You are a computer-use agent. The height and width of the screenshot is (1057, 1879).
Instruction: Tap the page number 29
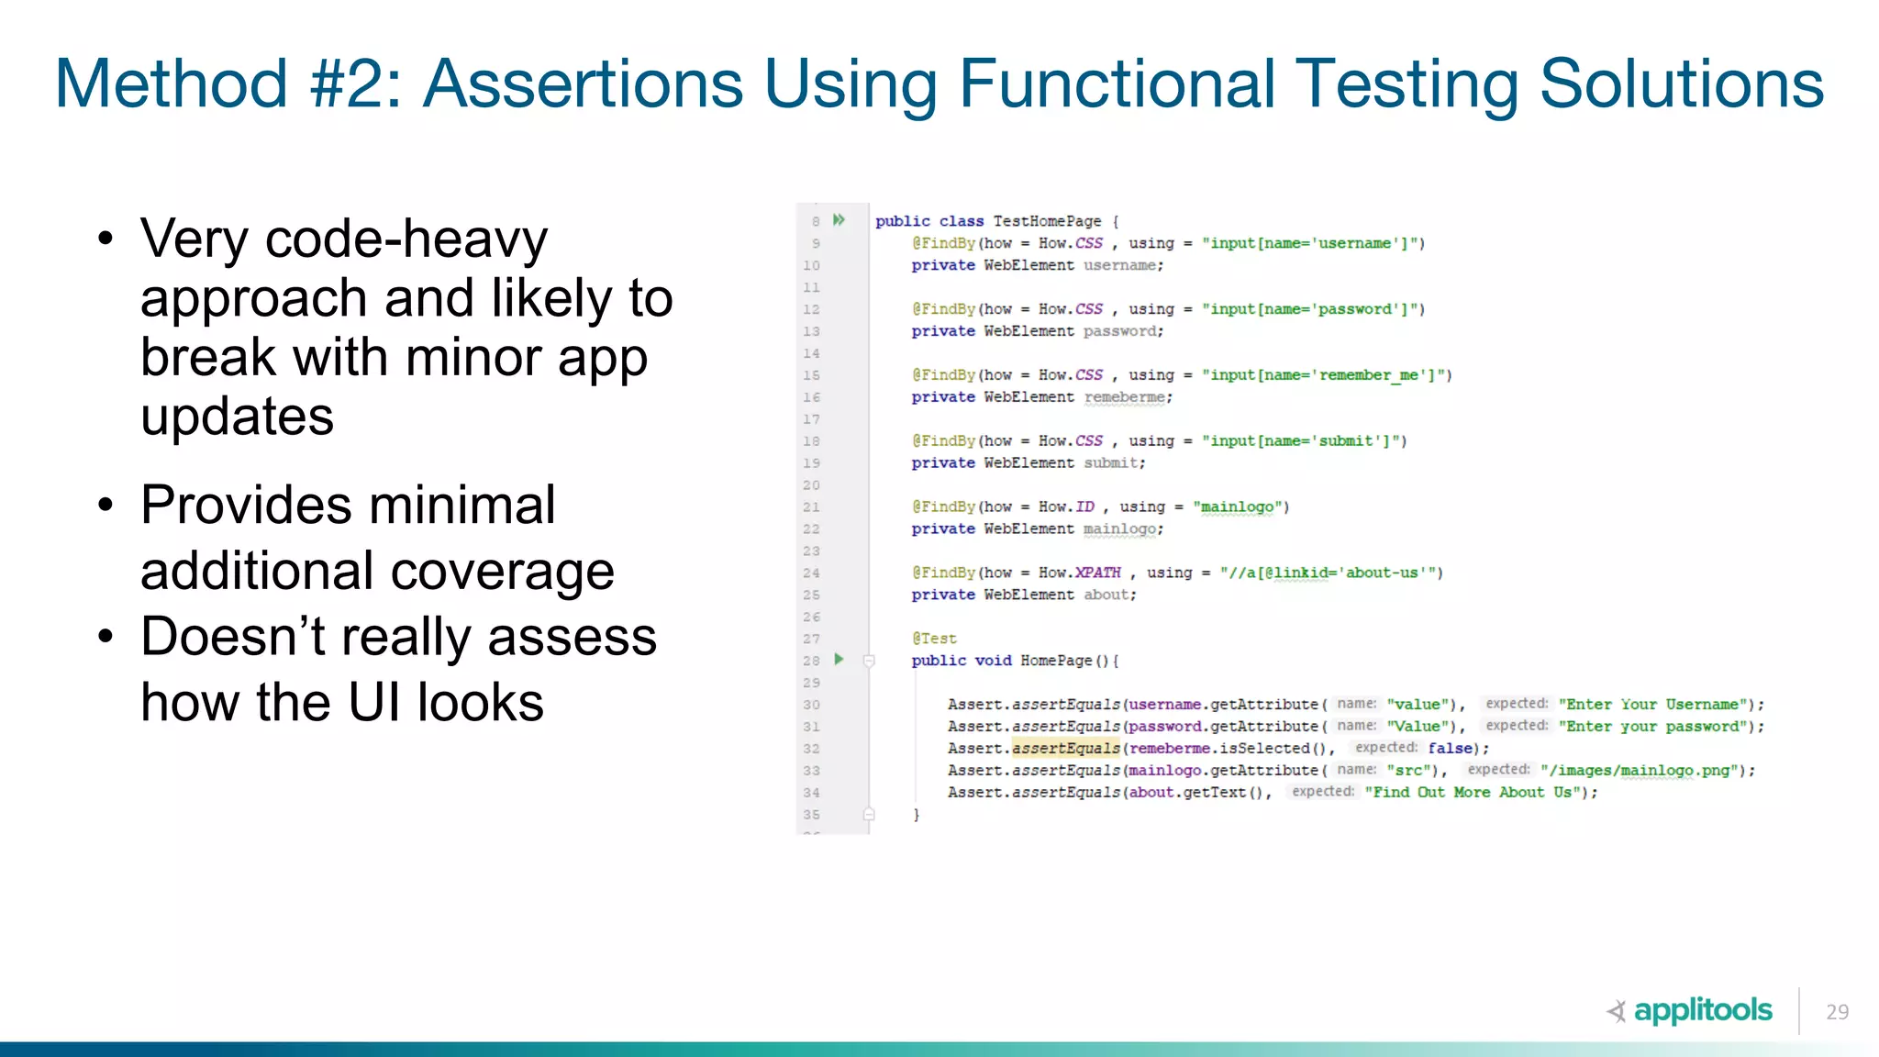[1837, 1012]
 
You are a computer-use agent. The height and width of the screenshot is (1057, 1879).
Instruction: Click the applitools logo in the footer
[1690, 1010]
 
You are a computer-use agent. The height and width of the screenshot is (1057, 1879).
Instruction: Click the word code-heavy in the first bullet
[406, 239]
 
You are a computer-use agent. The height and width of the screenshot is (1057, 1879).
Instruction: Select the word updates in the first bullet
[237, 417]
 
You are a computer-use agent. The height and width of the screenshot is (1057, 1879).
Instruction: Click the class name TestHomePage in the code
[1047, 221]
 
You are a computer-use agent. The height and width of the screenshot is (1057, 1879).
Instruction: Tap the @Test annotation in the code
[934, 639]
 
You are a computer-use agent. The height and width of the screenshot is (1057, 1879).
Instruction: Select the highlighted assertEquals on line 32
[1066, 749]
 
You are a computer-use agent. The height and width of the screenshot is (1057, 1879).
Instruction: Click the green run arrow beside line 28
[839, 660]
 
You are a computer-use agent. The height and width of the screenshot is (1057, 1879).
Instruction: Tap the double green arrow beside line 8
[839, 220]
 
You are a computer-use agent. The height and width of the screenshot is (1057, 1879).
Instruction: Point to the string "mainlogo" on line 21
[1238, 506]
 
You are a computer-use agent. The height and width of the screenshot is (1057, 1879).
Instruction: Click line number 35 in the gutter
[811, 815]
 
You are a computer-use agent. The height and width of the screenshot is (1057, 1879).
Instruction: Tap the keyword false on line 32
[1451, 749]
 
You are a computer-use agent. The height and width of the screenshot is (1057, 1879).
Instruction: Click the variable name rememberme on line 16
[1124, 397]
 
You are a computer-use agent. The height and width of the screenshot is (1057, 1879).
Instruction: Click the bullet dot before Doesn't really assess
[106, 636]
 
